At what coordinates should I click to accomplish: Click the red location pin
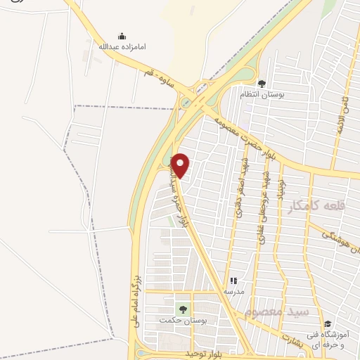181,165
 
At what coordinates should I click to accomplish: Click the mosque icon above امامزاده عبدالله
122,36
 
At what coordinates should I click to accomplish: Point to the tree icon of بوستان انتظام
262,83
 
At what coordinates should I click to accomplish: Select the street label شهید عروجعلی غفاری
262,208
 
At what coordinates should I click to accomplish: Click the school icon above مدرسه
233,280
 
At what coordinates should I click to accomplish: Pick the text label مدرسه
233,290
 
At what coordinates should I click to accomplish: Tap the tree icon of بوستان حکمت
183,309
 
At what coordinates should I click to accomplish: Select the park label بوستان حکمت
176,321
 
